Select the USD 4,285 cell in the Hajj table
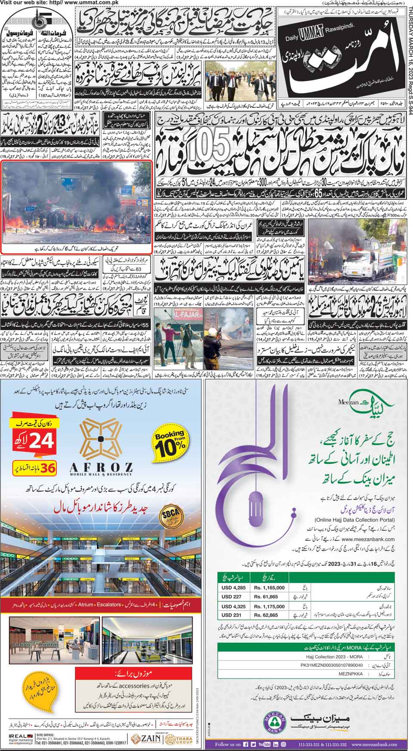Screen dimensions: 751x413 pyautogui.click(x=234, y=587)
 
